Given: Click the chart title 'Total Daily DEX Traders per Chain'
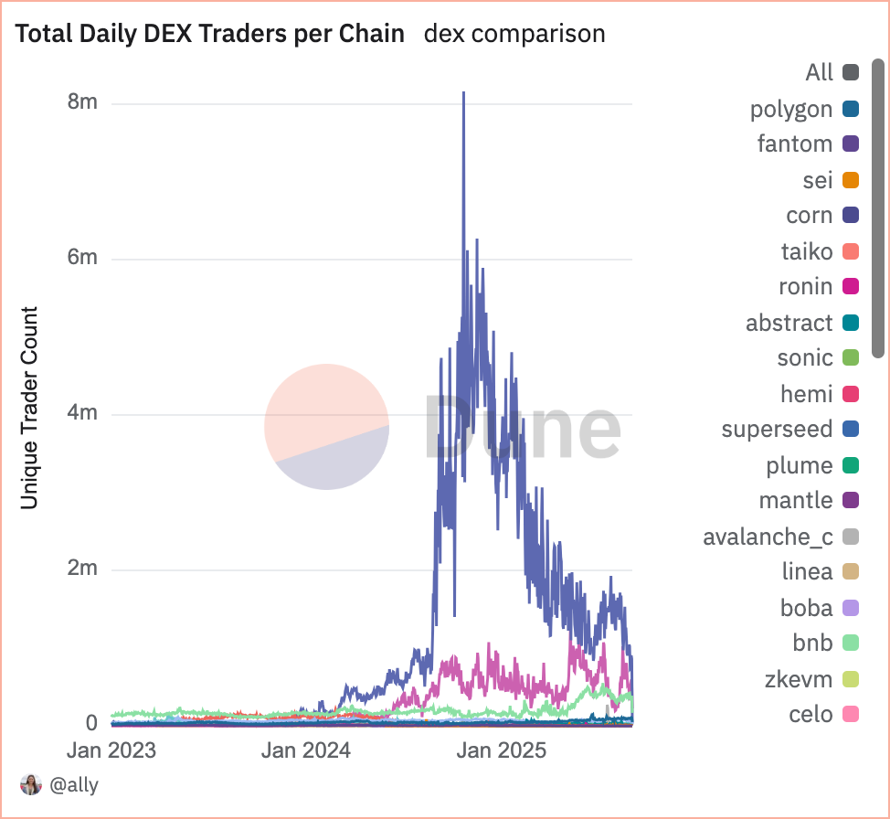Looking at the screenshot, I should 210,34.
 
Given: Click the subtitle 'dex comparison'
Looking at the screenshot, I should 514,34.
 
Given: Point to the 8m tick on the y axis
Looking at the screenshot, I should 82,102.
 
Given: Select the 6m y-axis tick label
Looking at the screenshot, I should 82,258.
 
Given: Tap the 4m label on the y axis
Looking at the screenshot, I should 82,413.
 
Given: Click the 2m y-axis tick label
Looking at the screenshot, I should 82,569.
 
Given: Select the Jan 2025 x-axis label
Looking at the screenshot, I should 502,751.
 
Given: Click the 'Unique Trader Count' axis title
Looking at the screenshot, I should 29,408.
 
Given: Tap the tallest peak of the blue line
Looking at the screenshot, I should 464,93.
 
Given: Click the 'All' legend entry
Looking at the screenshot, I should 820,72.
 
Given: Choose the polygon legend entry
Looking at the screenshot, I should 791,110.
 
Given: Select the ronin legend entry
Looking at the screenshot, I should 805,287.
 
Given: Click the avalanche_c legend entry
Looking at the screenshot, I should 768,537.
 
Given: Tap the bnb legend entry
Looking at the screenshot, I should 811,643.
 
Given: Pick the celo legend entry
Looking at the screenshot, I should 811,714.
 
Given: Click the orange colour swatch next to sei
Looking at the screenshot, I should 850,180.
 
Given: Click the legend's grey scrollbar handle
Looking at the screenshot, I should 878,207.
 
